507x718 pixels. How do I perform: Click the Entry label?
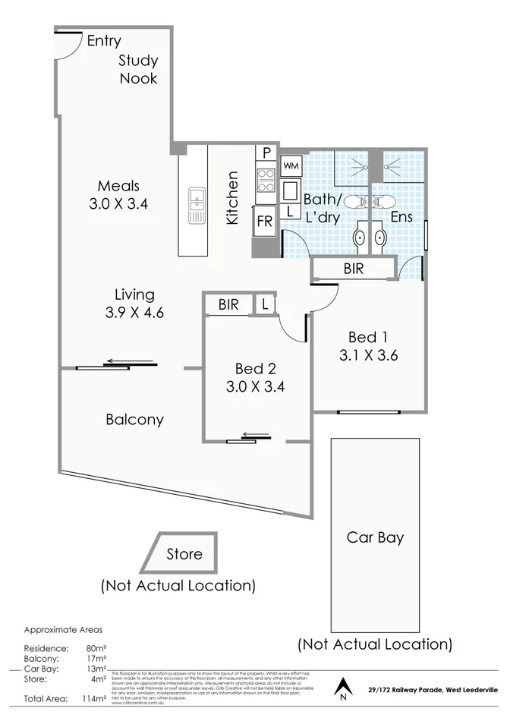tap(103, 41)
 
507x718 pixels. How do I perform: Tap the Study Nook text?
tap(137, 69)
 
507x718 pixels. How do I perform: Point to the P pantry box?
tap(267, 153)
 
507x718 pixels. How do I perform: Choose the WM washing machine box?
tap(291, 164)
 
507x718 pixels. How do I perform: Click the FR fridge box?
tap(265, 222)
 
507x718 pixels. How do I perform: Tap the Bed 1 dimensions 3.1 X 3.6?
tap(369, 354)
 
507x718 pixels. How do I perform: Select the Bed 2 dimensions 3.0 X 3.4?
tap(255, 386)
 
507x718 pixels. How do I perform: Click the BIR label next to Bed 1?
tap(354, 268)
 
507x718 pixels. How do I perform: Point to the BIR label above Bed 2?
tap(228, 304)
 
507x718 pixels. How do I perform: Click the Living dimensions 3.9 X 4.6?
tap(134, 311)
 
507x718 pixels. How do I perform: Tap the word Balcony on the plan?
tap(134, 419)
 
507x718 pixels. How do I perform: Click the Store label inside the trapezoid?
tap(184, 554)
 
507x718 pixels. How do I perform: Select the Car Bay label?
tap(375, 538)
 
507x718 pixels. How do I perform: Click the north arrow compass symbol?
tap(343, 688)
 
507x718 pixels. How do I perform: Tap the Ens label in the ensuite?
tap(401, 217)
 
